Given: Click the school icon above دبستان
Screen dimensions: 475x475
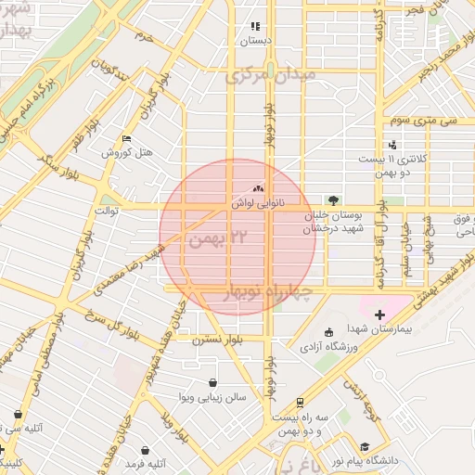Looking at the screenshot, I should pos(253,28).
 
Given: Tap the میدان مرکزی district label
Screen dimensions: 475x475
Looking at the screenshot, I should pos(271,74).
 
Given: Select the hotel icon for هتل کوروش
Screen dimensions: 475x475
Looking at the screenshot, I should pos(126,139).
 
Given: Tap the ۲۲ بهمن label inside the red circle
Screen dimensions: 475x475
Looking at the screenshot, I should pos(219,238).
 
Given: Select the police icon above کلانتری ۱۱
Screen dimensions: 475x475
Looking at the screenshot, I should pos(393,145).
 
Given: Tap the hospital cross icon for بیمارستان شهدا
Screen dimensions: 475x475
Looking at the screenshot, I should pos(379,315).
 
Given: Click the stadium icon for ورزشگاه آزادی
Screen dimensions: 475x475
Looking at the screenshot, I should pos(327,332).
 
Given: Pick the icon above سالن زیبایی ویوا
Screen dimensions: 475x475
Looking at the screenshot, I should pos(213,382).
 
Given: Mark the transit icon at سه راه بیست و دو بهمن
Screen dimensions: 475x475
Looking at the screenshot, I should pos(300,403).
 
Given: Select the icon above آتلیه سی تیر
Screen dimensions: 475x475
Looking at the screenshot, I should pos(17,414).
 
